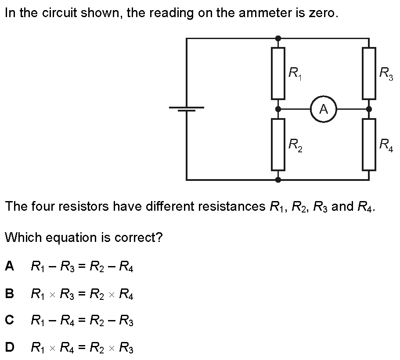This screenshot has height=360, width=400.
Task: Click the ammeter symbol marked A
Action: [x=324, y=109]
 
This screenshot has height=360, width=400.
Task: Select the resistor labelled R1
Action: [x=278, y=73]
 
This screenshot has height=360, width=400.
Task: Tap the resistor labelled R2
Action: [x=278, y=144]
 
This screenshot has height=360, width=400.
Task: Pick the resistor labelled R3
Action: [x=369, y=73]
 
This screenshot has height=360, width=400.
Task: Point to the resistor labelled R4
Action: [x=369, y=144]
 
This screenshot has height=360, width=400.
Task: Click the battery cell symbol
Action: [x=187, y=109]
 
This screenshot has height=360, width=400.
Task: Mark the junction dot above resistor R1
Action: [x=278, y=39]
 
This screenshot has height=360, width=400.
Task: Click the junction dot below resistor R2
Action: [x=278, y=180]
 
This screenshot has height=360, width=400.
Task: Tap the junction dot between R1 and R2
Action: [x=278, y=109]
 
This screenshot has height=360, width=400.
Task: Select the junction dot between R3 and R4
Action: [x=369, y=109]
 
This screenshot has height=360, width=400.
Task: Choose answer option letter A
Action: [x=9, y=266]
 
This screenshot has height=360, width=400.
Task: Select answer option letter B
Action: [x=9, y=293]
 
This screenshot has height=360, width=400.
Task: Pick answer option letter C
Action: [x=9, y=320]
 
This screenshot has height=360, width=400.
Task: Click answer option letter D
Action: [x=10, y=347]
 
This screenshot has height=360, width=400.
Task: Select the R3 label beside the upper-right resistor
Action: [x=386, y=73]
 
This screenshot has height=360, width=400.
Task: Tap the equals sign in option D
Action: [x=82, y=347]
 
